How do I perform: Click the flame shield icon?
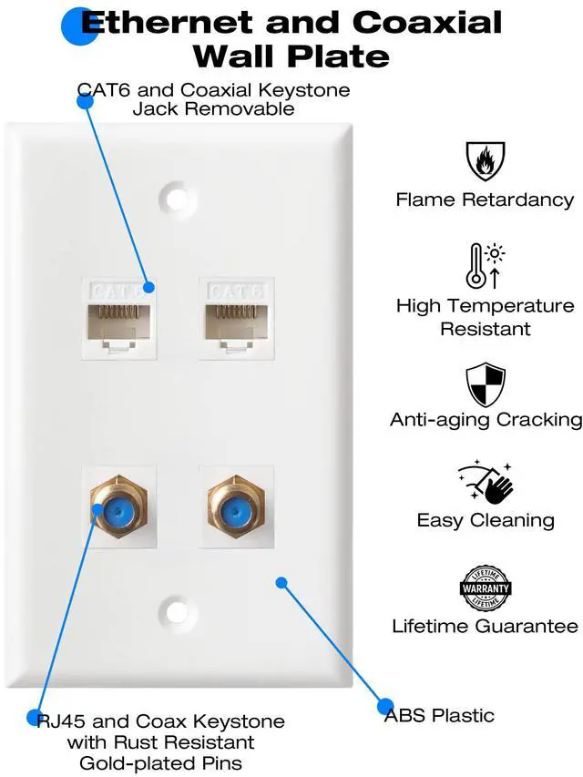485,161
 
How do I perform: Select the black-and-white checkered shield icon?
485,384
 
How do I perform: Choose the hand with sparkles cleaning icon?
486,484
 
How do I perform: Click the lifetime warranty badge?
485,588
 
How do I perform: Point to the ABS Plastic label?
439,715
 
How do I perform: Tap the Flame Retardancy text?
485,199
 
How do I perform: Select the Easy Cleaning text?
486,521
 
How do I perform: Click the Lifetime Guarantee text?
485,627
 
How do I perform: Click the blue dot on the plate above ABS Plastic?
281,582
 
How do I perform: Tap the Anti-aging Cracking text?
486,420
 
